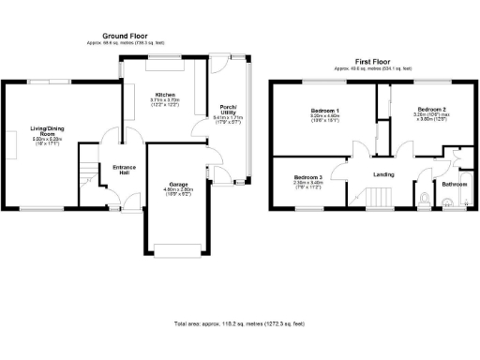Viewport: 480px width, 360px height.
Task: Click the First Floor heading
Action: pyautogui.click(x=374, y=61)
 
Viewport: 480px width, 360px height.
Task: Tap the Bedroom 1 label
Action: pyautogui.click(x=325, y=111)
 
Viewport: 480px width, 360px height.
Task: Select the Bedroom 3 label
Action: pyautogui.click(x=307, y=177)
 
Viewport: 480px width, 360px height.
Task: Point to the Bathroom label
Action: pyautogui.click(x=455, y=185)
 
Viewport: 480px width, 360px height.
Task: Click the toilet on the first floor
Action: pyautogui.click(x=426, y=198)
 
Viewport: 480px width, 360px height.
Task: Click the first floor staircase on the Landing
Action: pyautogui.click(x=377, y=198)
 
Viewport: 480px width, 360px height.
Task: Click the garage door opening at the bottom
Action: pyautogui.click(x=177, y=249)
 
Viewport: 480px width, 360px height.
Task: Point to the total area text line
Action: pyautogui.click(x=239, y=323)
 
